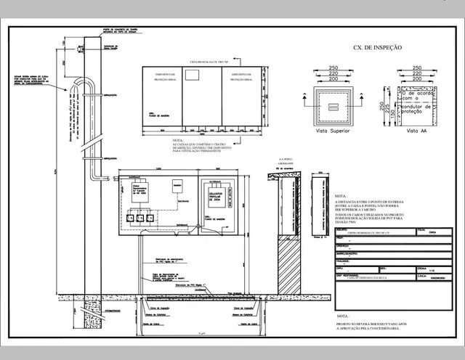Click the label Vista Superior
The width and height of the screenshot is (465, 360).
pos(330,131)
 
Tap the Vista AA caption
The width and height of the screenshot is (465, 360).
pos(417,131)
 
